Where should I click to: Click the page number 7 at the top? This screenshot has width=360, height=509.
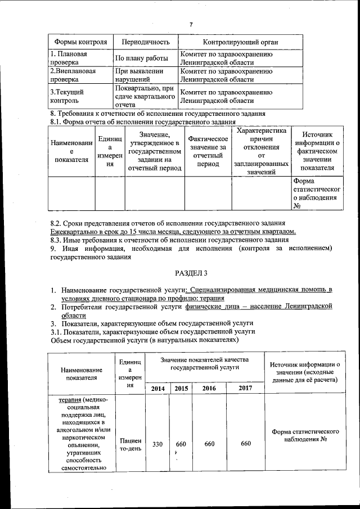coord(191,24)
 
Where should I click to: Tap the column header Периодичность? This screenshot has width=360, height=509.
coord(142,43)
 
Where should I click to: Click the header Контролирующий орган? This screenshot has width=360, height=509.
coord(240,43)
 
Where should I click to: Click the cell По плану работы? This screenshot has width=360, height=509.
coord(142,58)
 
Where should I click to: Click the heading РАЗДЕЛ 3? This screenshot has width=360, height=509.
coord(191,273)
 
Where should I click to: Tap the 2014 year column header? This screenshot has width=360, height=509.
coord(157,389)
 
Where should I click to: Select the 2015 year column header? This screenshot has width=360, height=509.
coord(181,389)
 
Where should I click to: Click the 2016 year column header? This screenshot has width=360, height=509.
coord(209,389)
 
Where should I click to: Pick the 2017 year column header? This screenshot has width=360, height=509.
coord(245,389)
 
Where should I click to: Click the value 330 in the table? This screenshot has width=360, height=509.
coord(157,444)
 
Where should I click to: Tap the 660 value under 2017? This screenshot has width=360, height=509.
coord(245,444)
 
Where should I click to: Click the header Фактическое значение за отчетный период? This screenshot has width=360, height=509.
coord(208,151)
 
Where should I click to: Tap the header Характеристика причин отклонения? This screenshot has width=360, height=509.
coord(262,152)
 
